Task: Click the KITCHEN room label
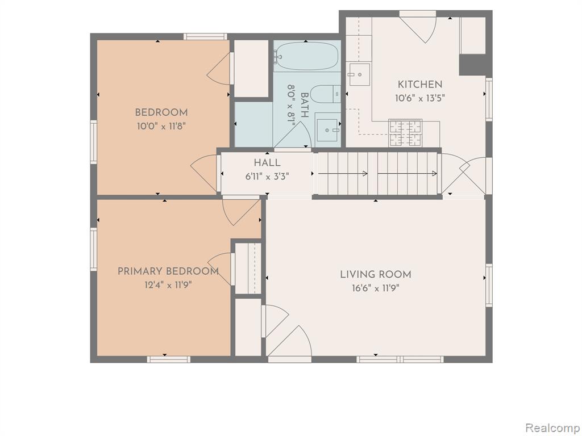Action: tap(420, 85)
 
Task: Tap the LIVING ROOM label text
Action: tap(376, 275)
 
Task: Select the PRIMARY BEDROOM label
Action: tap(168, 271)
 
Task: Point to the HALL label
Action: tap(267, 163)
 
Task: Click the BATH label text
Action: tap(304, 105)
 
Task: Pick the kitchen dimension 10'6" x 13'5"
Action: tap(420, 98)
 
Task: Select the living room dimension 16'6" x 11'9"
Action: tap(376, 288)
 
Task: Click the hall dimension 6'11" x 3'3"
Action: tap(267, 177)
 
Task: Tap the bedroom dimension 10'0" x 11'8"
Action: tap(161, 126)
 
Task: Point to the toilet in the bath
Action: tap(325, 94)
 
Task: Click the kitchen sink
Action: tap(359, 74)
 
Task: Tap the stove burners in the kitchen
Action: tap(405, 133)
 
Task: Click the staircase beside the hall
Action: tap(378, 174)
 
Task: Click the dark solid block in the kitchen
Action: tap(472, 65)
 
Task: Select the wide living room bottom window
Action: tap(400, 359)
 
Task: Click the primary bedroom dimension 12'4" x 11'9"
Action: tap(168, 285)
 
